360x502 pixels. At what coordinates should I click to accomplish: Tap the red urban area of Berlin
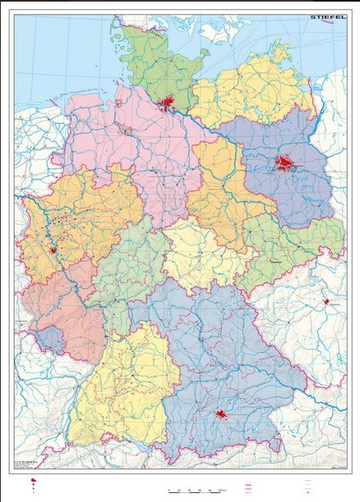pyautogui.click(x=286, y=164)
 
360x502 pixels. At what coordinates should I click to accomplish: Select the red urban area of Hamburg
pyautogui.click(x=169, y=103)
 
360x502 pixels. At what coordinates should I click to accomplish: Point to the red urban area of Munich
pyautogui.click(x=221, y=417)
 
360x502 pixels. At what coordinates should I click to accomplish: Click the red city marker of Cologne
pyautogui.click(x=54, y=251)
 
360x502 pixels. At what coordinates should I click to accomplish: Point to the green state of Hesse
pyautogui.click(x=123, y=270)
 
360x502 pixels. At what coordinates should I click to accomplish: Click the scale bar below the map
pyautogui.click(x=196, y=488)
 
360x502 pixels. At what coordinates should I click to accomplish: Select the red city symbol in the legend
pyautogui.click(x=33, y=483)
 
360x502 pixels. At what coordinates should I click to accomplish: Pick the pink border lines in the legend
pyautogui.click(x=246, y=486)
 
